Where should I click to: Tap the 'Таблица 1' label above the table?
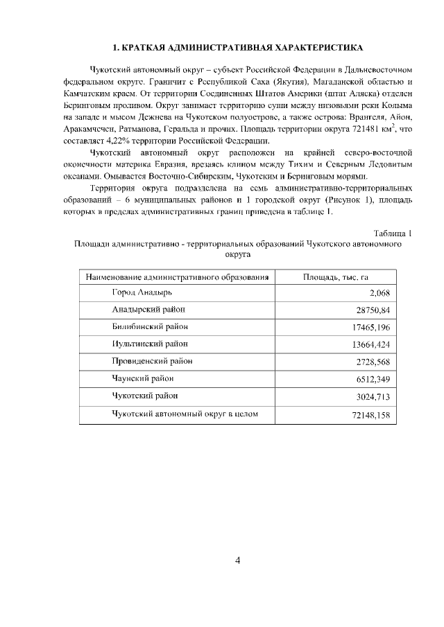coord(393,233)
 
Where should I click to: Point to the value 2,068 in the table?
coord(380,294)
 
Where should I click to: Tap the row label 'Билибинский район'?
coord(150,326)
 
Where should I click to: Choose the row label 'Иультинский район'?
coord(150,344)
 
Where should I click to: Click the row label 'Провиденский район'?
coord(153,361)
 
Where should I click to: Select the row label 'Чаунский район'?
coord(143,378)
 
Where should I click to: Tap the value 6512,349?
coord(374,379)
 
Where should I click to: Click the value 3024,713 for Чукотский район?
coord(374,396)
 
